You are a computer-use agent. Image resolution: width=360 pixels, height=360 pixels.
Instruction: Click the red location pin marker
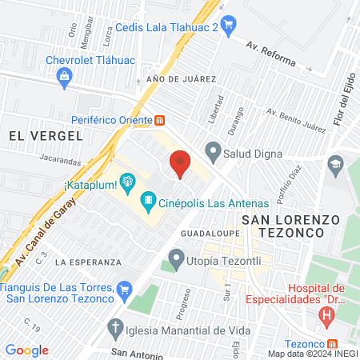[180, 163]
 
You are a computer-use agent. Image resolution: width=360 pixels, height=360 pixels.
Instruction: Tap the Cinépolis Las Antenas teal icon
[147, 199]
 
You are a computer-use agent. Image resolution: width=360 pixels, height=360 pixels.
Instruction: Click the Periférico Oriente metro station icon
[159, 121]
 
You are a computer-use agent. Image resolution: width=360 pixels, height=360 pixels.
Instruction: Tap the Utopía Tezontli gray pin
[176, 258]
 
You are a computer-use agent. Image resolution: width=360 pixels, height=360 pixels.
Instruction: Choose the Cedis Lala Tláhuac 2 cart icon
[227, 24]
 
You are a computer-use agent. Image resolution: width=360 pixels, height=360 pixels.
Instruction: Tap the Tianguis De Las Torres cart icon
[124, 288]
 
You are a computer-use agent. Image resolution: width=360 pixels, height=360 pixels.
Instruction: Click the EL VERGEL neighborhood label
[46, 136]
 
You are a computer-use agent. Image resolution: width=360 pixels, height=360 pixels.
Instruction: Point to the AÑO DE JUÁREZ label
[182, 79]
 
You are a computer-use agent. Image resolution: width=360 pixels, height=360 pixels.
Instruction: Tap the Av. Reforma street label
[270, 53]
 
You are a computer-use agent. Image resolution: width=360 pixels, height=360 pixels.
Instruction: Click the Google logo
[26, 350]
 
